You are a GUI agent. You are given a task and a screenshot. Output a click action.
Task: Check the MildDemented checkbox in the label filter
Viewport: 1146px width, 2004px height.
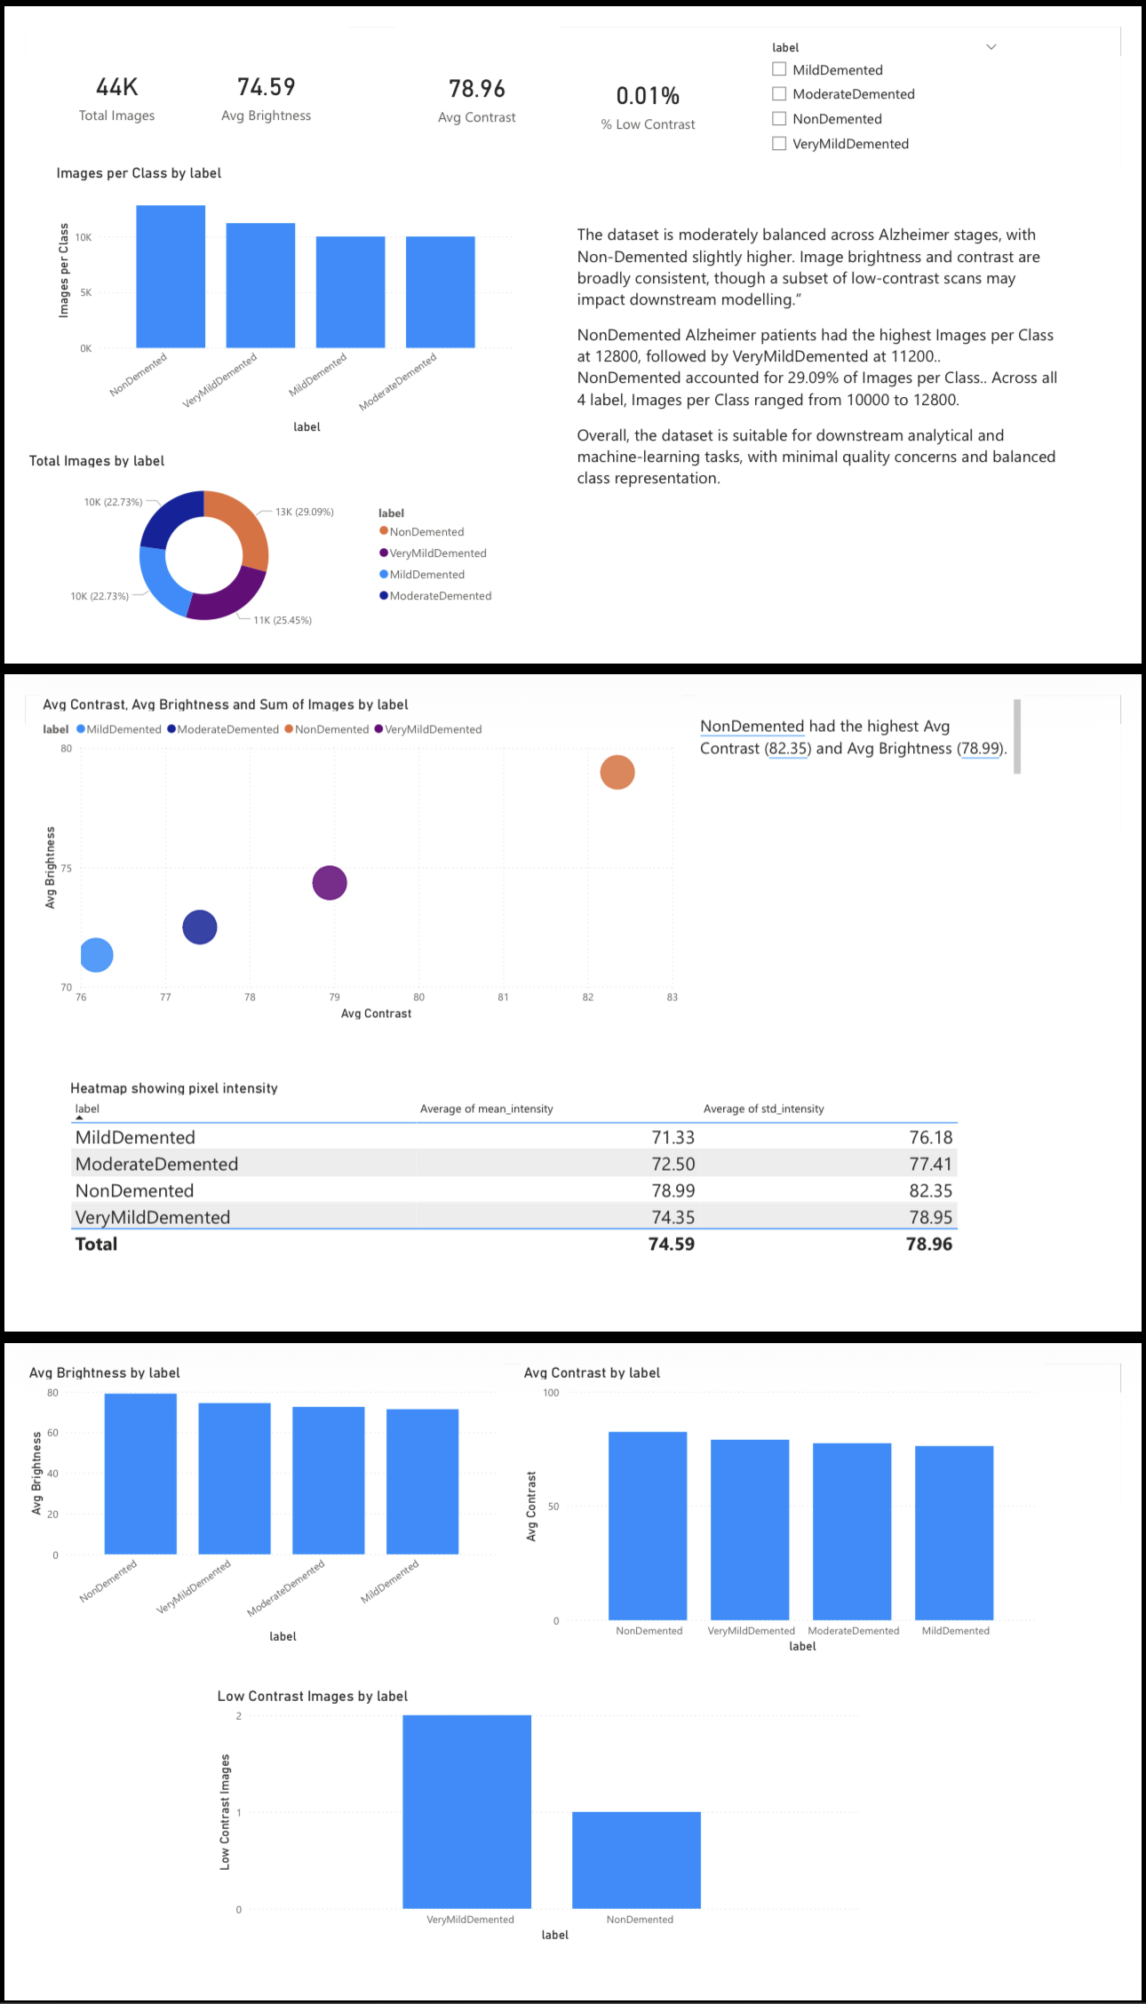click(779, 69)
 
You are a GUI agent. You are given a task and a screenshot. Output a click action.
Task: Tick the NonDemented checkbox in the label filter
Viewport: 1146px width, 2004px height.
click(779, 118)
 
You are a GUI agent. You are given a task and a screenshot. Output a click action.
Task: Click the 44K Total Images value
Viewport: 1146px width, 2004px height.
click(117, 87)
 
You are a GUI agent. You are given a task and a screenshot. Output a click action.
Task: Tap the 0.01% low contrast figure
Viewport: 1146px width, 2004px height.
click(648, 96)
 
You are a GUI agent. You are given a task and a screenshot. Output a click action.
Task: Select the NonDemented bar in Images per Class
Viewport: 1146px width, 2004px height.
click(171, 276)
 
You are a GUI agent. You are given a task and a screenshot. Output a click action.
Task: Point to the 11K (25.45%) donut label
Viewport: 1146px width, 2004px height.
click(283, 620)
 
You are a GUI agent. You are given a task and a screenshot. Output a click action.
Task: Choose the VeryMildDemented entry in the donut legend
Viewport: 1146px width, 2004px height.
click(437, 553)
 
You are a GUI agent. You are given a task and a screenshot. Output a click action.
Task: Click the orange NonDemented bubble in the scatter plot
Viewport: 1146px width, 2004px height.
click(617, 772)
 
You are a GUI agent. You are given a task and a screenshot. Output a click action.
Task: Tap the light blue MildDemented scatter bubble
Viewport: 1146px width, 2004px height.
click(96, 955)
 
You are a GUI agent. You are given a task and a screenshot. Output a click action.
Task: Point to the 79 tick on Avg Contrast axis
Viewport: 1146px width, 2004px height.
click(334, 998)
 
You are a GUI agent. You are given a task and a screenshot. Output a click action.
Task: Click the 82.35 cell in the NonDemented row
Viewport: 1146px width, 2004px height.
click(930, 1190)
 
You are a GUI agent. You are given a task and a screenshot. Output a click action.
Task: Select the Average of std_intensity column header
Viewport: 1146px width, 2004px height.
click(763, 1109)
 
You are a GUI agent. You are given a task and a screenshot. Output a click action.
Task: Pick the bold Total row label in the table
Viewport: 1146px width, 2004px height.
click(96, 1244)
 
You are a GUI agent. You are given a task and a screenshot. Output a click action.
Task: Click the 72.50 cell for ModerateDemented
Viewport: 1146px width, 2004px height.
click(672, 1164)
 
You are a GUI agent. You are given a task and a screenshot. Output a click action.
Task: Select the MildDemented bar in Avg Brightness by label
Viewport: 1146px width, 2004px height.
click(422, 1481)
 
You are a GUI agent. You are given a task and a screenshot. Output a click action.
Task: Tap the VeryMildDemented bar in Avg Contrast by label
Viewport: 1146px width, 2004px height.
click(750, 1529)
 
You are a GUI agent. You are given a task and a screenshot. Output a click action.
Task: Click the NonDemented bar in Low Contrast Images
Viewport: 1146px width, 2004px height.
click(636, 1859)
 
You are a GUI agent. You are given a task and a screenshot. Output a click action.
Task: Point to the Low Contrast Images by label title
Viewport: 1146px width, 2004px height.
click(313, 1696)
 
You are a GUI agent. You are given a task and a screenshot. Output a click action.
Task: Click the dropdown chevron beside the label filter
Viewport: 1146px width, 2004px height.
click(991, 47)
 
